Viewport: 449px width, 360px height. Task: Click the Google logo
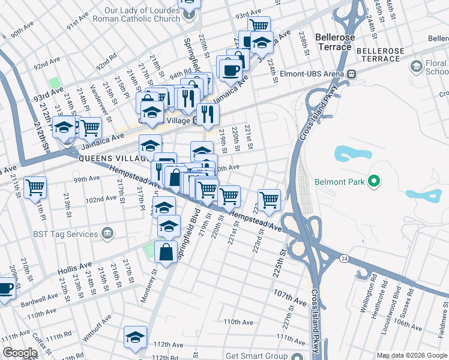click(x=20, y=353)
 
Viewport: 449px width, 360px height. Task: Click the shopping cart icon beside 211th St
click(x=35, y=187)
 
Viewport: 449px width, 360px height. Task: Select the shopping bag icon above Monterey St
click(x=166, y=252)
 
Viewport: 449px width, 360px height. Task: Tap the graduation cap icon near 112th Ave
click(x=136, y=337)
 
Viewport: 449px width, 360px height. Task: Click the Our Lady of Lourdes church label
click(x=143, y=14)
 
